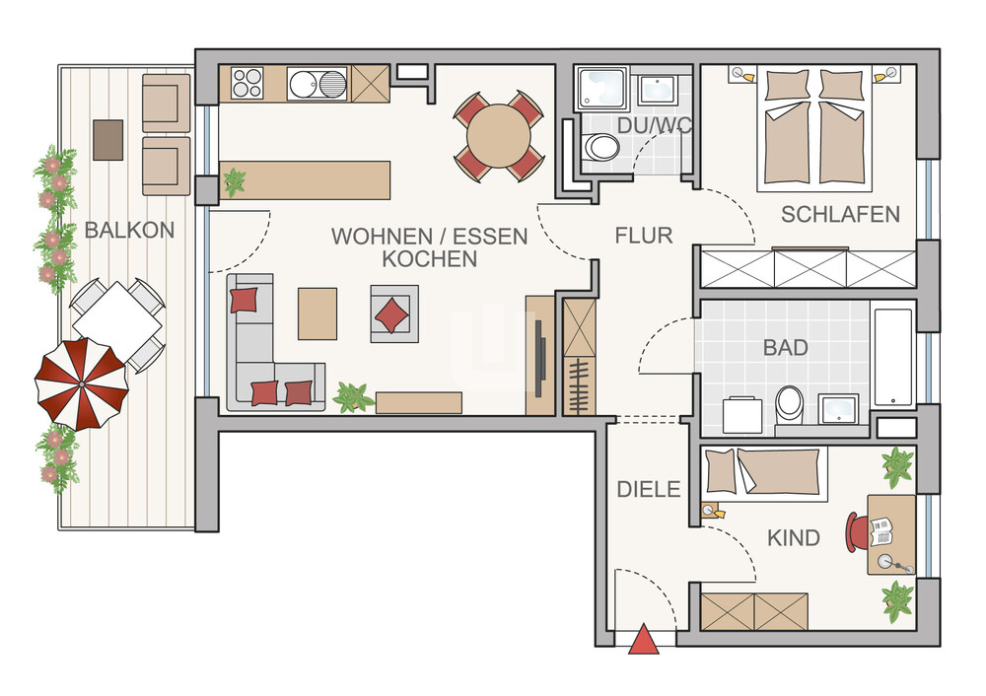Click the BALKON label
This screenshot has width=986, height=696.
tap(129, 230)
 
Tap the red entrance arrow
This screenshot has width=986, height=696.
tap(644, 640)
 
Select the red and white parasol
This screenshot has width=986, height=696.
tap(82, 383)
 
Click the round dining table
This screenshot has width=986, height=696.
tap(499, 136)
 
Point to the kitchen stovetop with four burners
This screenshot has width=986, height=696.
tap(247, 83)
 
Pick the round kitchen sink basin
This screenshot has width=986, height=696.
tap(305, 84)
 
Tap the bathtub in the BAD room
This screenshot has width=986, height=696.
tap(893, 357)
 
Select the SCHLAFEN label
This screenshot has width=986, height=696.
tap(840, 214)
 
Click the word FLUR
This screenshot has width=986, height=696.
tap(644, 236)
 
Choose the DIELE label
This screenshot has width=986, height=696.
tap(649, 489)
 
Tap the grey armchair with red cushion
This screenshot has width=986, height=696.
tap(394, 313)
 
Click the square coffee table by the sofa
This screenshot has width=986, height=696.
tap(317, 313)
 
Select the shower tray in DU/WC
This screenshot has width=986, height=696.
tap(601, 90)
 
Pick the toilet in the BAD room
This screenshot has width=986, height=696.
tap(789, 405)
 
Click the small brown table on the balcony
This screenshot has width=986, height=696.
tap(108, 140)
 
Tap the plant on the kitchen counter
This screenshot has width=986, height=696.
tap(235, 181)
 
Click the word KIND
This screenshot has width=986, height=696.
tap(794, 538)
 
